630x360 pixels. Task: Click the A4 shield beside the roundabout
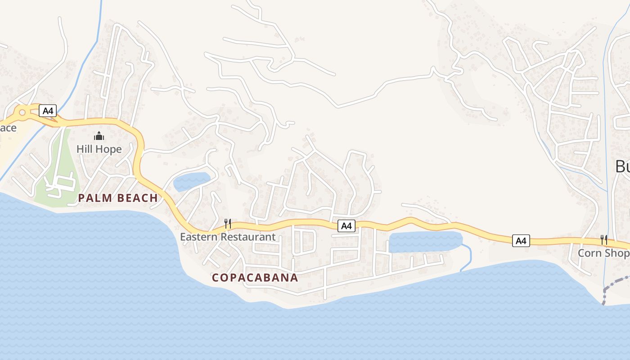pos(48,111)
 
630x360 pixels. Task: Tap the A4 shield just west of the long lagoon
pos(346,226)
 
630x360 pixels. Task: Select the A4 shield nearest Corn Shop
pos(521,241)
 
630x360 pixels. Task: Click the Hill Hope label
pos(99,149)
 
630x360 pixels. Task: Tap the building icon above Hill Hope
pos(99,136)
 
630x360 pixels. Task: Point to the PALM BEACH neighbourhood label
pos(118,198)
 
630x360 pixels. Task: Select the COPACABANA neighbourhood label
pos(255,278)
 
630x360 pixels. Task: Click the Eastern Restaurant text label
pos(228,237)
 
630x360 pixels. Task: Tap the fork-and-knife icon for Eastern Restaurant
pos(228,224)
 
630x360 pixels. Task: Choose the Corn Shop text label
pos(603,253)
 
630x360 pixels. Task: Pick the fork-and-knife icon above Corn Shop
pos(604,240)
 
